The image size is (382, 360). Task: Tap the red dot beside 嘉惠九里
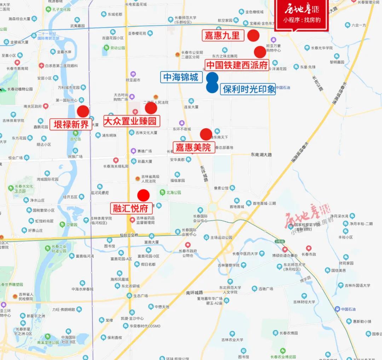click(x=253, y=35)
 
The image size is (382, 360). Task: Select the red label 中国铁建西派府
click(x=237, y=65)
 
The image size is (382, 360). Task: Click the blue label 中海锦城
click(x=181, y=77)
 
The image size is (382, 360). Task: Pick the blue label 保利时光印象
click(x=249, y=89)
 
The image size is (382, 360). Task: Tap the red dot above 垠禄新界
click(x=83, y=111)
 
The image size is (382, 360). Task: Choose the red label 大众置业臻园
click(x=130, y=121)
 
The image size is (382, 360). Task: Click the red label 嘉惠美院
click(x=193, y=147)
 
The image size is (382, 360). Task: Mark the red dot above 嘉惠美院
click(x=206, y=134)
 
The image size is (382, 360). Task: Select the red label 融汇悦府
click(x=131, y=208)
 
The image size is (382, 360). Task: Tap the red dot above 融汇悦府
click(x=143, y=195)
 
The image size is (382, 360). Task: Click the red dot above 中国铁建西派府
click(x=260, y=52)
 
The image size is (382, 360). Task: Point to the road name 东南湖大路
click(x=261, y=154)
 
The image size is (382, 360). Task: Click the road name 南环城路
click(x=194, y=293)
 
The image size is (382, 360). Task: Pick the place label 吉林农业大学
click(x=232, y=340)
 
